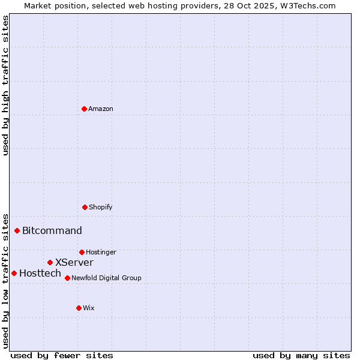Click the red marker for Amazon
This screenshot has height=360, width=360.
pos(84,109)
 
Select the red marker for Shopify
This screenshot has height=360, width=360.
pos(85,207)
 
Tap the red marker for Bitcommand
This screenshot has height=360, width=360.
pos(17,230)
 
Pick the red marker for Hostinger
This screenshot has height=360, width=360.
pos(82,252)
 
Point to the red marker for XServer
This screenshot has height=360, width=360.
pos(50,262)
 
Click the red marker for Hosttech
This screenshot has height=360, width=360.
pos(14,273)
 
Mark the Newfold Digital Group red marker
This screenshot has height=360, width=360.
pos(67,278)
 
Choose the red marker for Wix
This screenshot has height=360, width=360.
pos(79,308)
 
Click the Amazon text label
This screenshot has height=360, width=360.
pos(101,109)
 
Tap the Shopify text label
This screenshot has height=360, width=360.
pos(101,207)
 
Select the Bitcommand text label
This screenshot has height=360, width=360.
pos(52,230)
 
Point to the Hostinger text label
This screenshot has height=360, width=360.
pos(101,252)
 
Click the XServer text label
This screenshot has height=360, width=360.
pos(74,262)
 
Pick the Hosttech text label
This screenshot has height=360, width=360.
pos(40,273)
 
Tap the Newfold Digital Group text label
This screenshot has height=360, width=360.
pos(106,278)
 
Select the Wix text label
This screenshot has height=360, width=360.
pos(89,308)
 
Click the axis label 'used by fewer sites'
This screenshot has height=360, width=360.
pos(62,355)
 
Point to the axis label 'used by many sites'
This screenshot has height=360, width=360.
pos(301,355)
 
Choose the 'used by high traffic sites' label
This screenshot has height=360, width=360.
pos(5,85)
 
